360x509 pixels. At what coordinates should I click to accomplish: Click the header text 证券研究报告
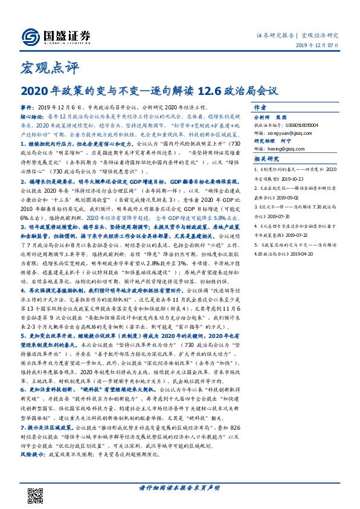click(275, 35)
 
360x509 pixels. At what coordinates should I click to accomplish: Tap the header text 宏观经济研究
click(321, 35)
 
